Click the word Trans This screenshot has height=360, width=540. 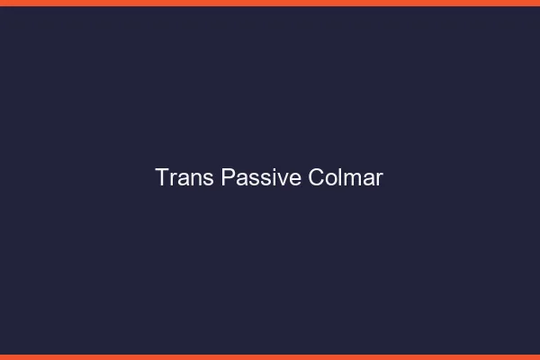pos(184,177)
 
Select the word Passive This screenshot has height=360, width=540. pos(261,177)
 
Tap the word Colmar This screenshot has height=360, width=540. pos(346,177)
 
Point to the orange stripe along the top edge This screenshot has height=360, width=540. pos(270,3)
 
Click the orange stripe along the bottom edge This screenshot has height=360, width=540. pos(270,356)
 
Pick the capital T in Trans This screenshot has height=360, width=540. pos(162,177)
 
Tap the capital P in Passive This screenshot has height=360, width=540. pos(228,177)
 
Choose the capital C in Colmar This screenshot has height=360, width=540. pos(316,177)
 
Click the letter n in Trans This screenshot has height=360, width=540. pos(196,179)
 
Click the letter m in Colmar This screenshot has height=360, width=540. pos(351,179)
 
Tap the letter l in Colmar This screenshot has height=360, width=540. pos(340,177)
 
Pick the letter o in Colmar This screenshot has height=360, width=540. pos(331,179)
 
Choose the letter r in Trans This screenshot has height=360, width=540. pos(173,179)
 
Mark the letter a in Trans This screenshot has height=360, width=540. pos(184,179)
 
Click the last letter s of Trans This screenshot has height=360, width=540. pos(209,179)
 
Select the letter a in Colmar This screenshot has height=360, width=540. pos(367,179)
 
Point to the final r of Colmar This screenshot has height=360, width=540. pos(379,179)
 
